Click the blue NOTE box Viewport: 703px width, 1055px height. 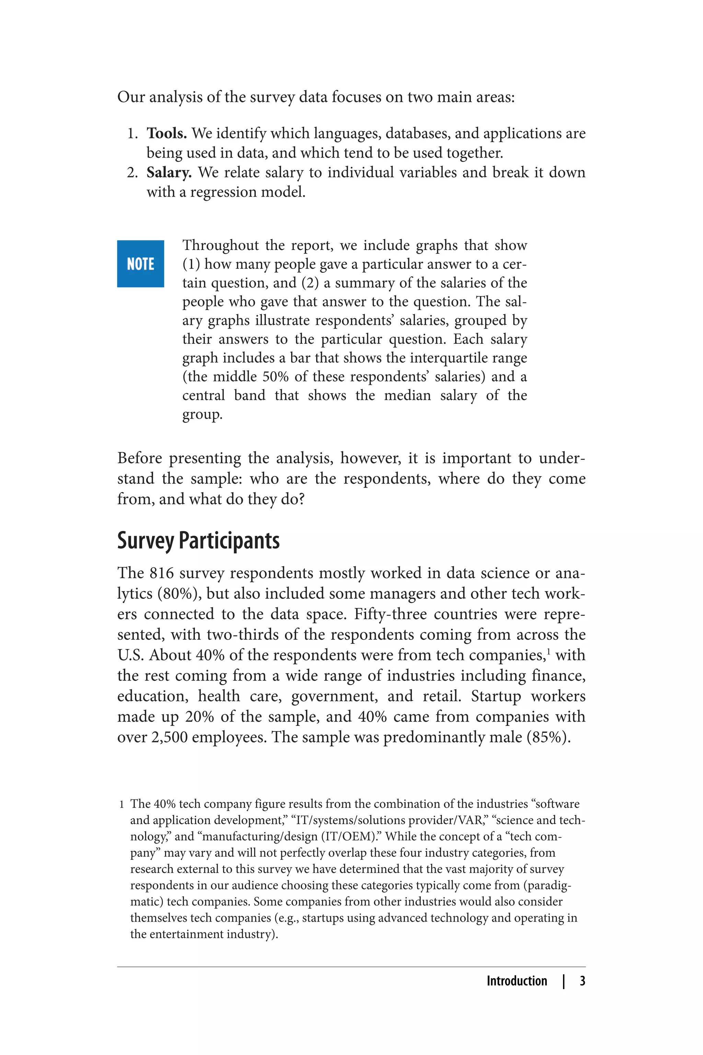pos(140,264)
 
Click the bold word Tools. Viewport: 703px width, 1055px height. pos(166,133)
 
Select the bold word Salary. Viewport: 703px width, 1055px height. pos(169,172)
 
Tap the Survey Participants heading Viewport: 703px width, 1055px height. pos(198,541)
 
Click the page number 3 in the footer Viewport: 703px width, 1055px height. pos(582,981)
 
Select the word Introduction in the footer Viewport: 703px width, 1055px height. pos(517,981)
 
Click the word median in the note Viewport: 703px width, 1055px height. pos(407,396)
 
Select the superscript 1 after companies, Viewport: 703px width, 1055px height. pos(549,651)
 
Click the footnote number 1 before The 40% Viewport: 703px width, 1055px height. pos(122,805)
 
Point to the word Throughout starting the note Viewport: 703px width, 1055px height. pos(220,246)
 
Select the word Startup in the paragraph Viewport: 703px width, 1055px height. pos(496,696)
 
